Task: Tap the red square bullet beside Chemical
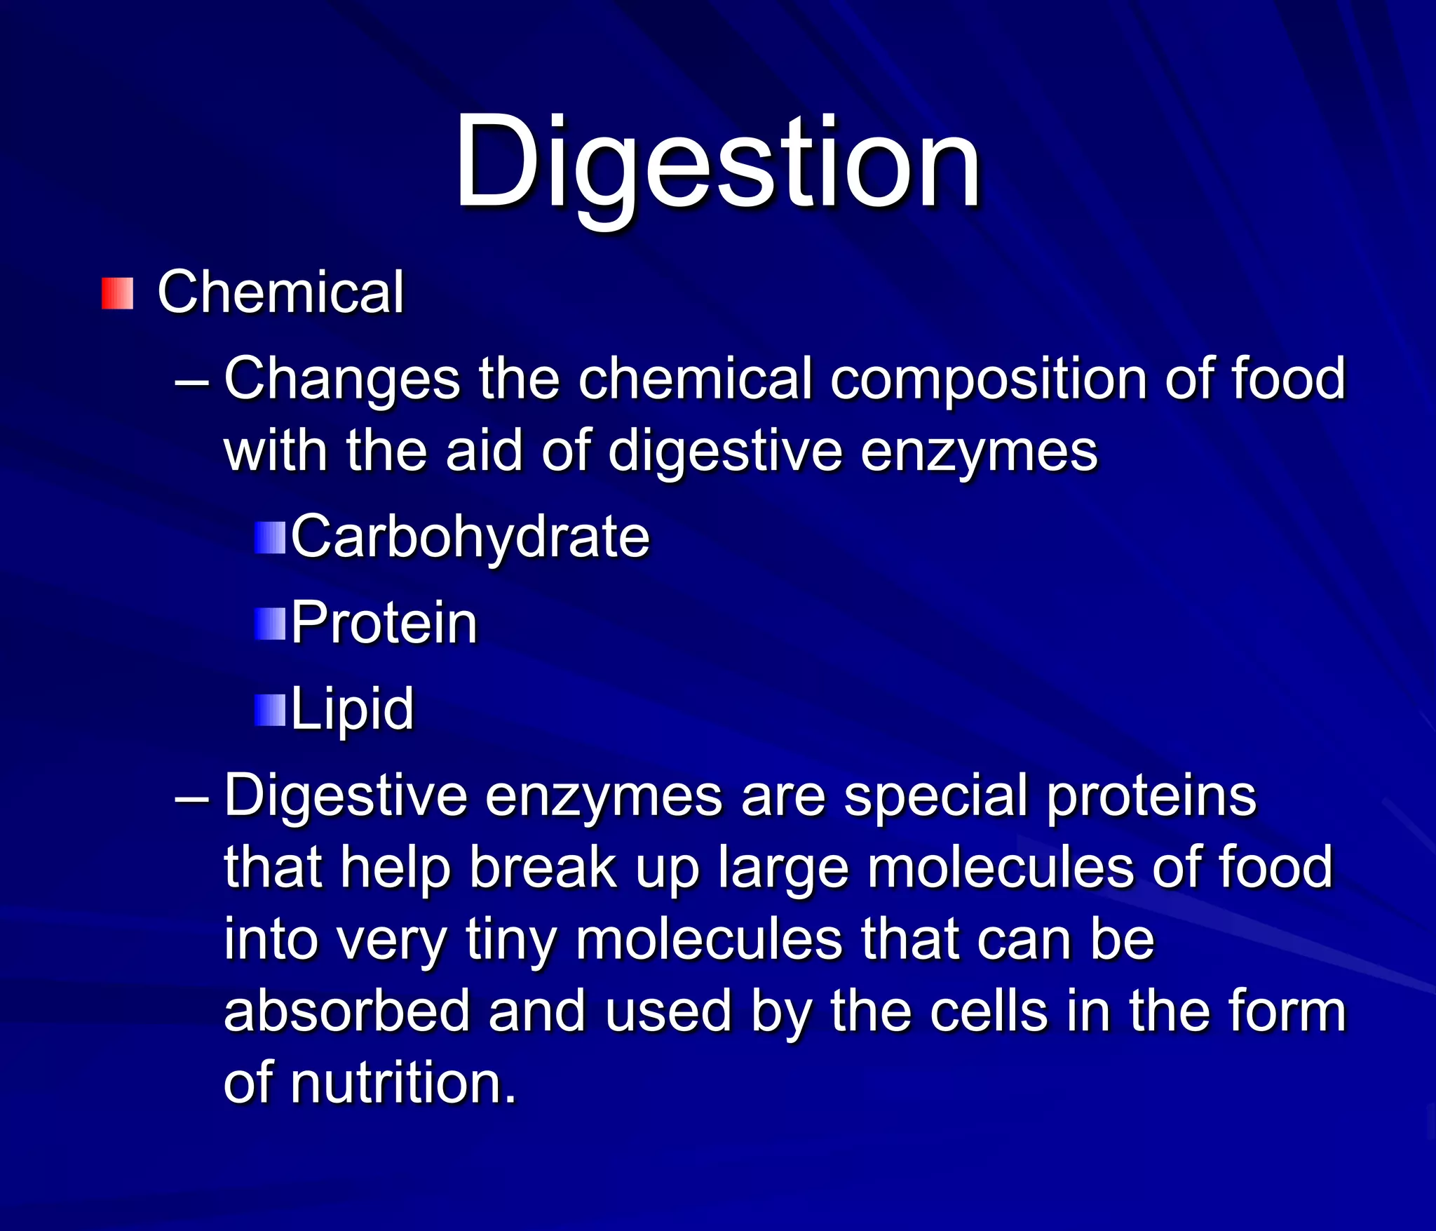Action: (x=117, y=293)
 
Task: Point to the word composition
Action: (x=989, y=379)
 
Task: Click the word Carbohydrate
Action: (x=470, y=537)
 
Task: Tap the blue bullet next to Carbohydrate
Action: (x=270, y=538)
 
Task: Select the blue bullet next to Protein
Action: (x=270, y=624)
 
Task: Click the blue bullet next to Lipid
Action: (x=270, y=710)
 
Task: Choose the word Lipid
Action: (x=352, y=709)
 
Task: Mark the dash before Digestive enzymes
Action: (x=191, y=798)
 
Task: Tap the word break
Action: (x=543, y=868)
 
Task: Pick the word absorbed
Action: (x=346, y=1012)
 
